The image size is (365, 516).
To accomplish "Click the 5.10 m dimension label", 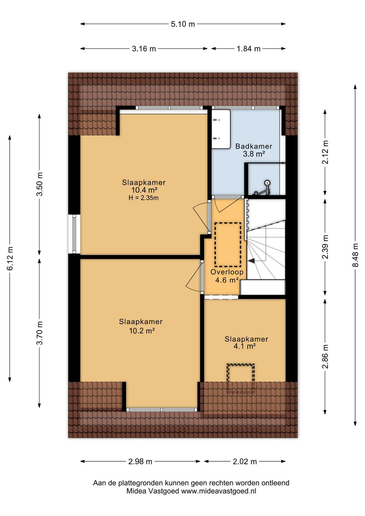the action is click(x=183, y=24).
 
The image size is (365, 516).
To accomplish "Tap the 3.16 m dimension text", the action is click(x=144, y=49).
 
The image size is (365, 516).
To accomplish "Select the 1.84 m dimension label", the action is click(x=249, y=49).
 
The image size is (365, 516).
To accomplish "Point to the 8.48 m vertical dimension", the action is click(x=356, y=255).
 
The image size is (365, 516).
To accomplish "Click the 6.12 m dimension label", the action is click(x=10, y=258).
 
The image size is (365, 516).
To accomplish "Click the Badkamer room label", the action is click(x=254, y=146).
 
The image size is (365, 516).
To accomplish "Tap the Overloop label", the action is click(x=227, y=272).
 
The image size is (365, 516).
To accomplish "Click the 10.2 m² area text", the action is click(x=142, y=331).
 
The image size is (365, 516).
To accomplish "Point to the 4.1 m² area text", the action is click(x=244, y=346).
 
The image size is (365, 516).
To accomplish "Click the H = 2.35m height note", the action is click(x=143, y=198).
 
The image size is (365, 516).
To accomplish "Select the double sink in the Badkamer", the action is click(x=221, y=129).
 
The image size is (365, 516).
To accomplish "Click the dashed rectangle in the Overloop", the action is click(x=228, y=244).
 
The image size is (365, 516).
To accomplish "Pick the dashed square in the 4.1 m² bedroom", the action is click(x=241, y=378).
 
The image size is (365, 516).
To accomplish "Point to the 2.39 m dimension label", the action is click(x=325, y=247).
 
